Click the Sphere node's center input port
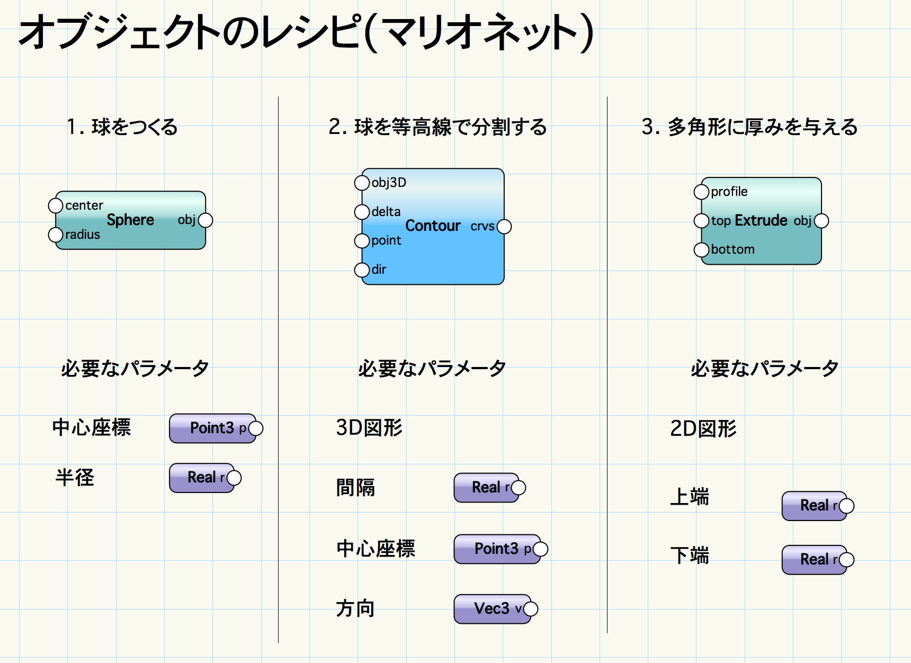56,205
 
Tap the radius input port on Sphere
56,235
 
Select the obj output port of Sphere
206,220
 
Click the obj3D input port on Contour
362,183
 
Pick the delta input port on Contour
362,212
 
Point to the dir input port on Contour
362,270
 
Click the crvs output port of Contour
504,227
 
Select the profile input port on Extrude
701,192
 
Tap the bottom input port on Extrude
701,249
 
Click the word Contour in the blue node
433,226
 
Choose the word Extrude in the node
761,220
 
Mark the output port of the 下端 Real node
847,560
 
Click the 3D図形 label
369,428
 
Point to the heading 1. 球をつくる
122,127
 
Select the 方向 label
355,608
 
